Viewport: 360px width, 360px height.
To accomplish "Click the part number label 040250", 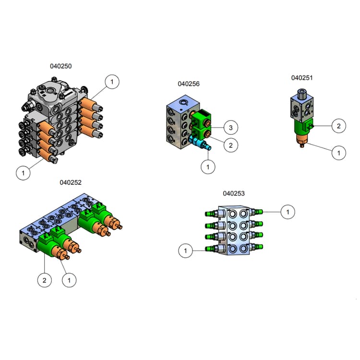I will [x=61, y=66].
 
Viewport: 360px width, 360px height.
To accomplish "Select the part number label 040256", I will [x=189, y=84].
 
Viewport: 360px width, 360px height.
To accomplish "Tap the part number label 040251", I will [x=302, y=77].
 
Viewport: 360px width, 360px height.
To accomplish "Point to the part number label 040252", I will [x=71, y=182].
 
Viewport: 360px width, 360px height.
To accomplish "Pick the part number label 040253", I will [x=234, y=193].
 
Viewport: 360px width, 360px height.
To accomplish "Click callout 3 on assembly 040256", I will [x=230, y=128].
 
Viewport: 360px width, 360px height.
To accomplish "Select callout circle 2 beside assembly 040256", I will [x=230, y=144].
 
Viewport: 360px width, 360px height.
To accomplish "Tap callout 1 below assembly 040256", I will [x=208, y=167].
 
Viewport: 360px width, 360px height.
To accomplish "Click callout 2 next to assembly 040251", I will [x=338, y=126].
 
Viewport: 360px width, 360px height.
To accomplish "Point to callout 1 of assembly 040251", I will [x=338, y=153].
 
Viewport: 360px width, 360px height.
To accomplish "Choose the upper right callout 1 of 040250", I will [x=112, y=82].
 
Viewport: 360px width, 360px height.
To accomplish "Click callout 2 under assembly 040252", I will [x=44, y=280].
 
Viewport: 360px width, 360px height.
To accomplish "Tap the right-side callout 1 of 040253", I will [x=288, y=211].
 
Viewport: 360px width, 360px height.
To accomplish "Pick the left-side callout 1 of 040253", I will [x=186, y=250].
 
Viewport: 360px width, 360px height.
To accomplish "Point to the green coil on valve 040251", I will [x=302, y=128].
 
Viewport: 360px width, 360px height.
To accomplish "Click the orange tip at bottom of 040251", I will [x=302, y=141].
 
